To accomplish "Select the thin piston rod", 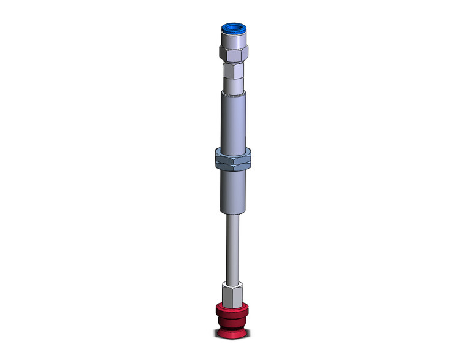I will pyautogui.click(x=232, y=245).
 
